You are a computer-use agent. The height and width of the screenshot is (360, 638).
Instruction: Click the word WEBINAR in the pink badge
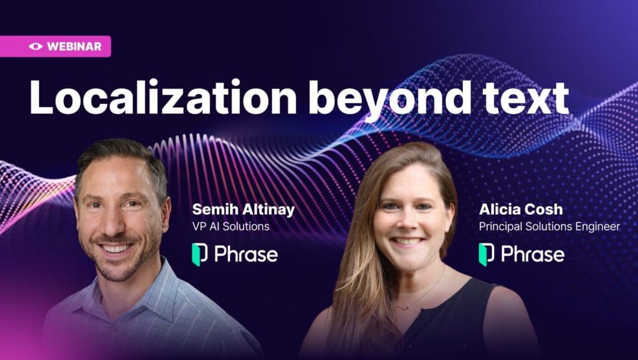[74, 46]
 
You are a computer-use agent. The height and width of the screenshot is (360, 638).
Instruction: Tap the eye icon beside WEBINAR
[36, 46]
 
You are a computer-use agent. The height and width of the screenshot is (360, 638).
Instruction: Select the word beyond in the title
[389, 100]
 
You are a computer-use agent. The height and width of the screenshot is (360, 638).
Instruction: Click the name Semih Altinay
[244, 210]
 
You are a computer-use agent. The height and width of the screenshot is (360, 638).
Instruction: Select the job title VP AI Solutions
[231, 227]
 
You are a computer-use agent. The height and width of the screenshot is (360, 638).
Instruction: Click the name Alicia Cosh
[521, 209]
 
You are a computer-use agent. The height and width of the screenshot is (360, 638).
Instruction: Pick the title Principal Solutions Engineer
[550, 227]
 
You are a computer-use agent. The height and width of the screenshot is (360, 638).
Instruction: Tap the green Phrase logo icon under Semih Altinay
[199, 254]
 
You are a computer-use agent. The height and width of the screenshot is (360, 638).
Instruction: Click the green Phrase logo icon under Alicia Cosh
[486, 254]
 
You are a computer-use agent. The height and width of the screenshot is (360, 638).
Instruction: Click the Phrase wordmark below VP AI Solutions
[246, 254]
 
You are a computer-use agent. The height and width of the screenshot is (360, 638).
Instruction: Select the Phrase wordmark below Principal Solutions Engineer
[533, 254]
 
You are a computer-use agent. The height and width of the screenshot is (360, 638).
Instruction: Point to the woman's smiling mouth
[407, 241]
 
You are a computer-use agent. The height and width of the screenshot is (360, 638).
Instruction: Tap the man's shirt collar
[135, 285]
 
